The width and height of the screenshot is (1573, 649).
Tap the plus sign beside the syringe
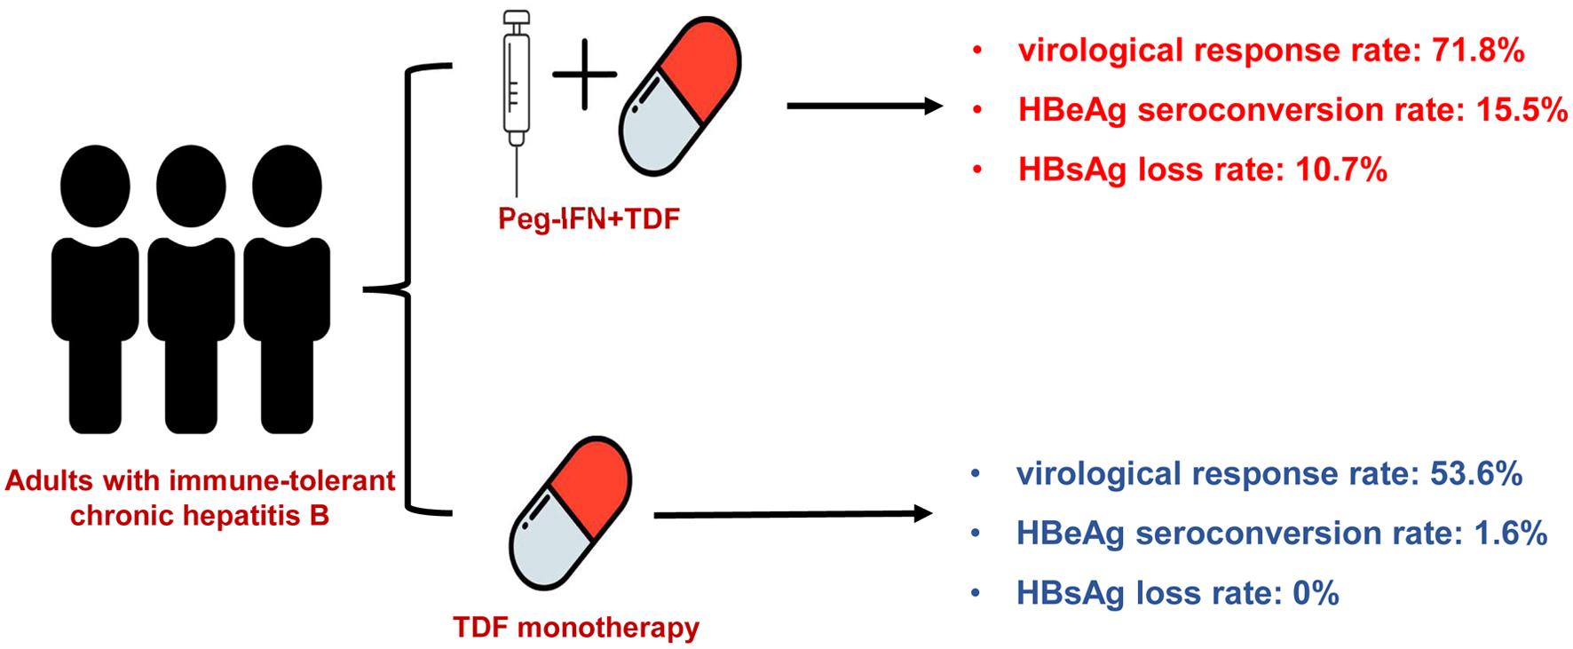(x=585, y=74)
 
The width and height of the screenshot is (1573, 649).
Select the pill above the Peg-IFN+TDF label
(x=679, y=99)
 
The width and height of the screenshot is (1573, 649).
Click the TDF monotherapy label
(x=576, y=628)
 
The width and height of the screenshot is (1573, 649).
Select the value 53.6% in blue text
(x=1477, y=475)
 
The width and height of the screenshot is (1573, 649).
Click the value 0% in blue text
(x=1315, y=592)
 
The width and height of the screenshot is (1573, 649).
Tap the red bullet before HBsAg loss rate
(x=977, y=170)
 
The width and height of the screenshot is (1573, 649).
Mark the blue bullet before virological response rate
(x=976, y=476)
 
